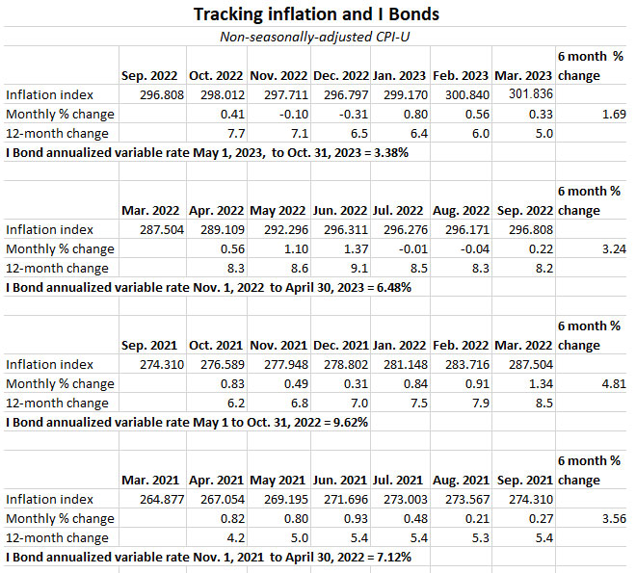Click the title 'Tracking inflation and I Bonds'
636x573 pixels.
pos(318,14)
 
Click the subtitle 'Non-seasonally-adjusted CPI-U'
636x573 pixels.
pos(318,37)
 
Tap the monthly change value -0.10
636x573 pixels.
pos(279,114)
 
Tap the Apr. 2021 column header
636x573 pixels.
pos(214,480)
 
